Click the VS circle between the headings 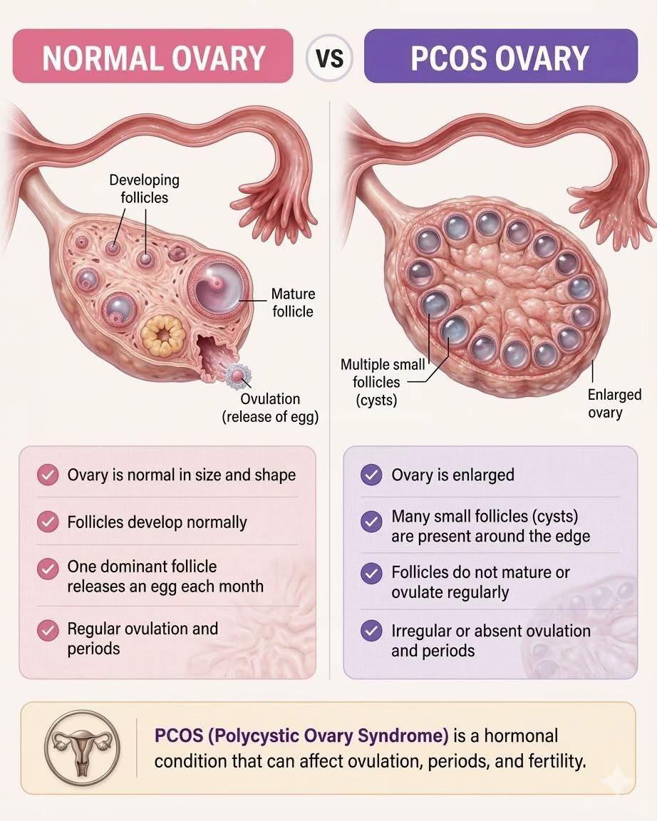329,56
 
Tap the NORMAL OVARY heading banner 152,56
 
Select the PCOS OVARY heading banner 500,56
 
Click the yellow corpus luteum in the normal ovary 163,334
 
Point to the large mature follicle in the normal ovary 217,288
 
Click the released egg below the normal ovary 238,376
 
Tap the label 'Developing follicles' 145,188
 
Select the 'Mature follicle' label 293,303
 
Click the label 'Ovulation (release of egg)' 270,408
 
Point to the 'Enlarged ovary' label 614,403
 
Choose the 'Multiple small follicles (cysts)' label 382,382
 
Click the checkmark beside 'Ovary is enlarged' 371,475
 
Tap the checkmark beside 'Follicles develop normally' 48,522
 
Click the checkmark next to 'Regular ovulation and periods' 48,631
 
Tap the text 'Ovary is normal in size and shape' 182,475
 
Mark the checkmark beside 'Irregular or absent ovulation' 371,631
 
